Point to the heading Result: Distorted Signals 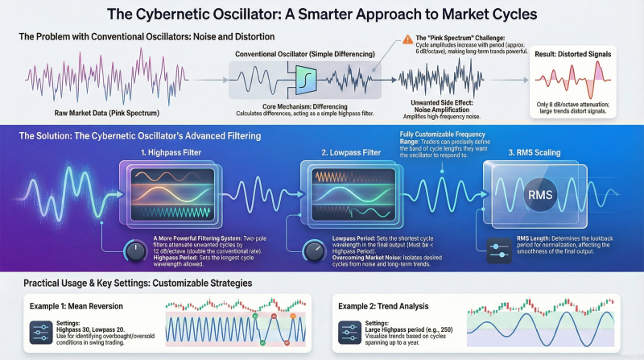pyautogui.click(x=572, y=54)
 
